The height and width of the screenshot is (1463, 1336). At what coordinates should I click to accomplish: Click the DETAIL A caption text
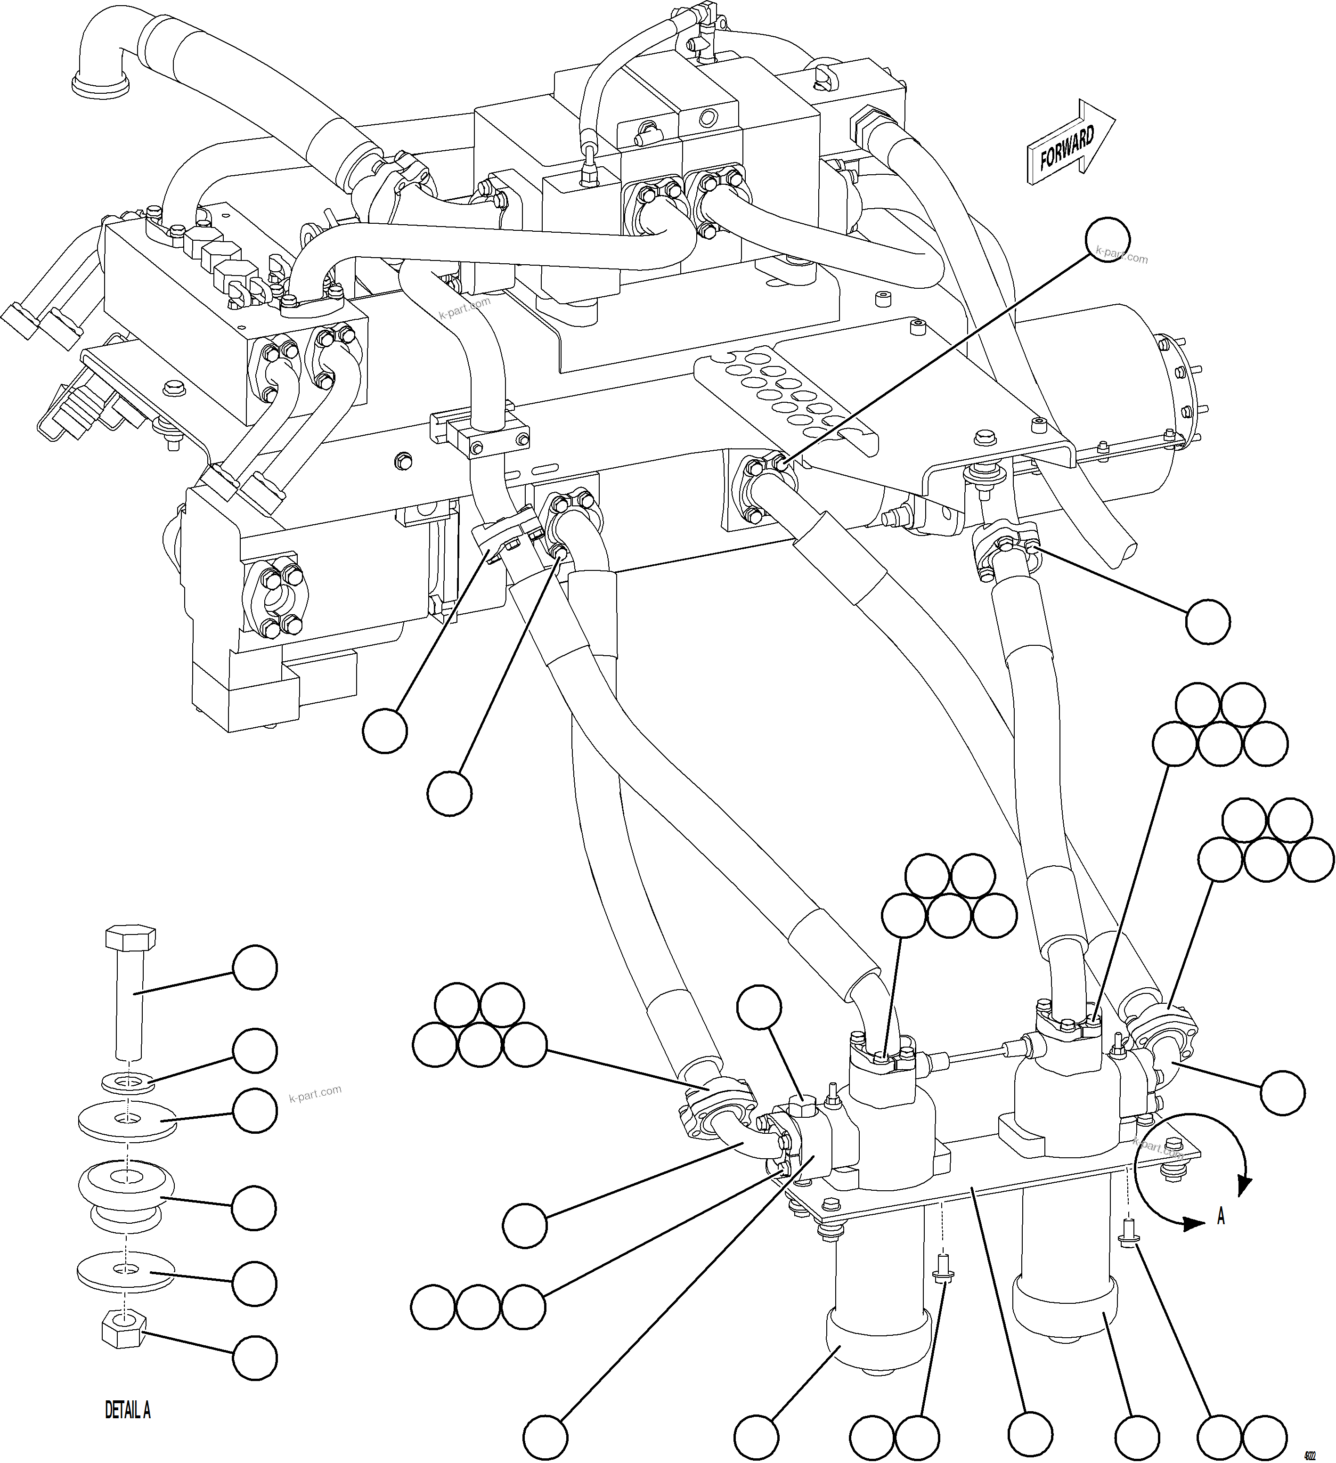pos(128,1411)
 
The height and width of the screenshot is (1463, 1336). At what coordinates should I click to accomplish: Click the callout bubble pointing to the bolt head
pos(255,968)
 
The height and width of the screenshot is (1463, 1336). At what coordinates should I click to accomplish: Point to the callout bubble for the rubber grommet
pos(255,1208)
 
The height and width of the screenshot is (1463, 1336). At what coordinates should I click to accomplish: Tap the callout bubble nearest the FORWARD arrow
pos(1108,242)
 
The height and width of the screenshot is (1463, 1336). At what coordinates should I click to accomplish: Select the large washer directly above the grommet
pos(127,1122)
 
